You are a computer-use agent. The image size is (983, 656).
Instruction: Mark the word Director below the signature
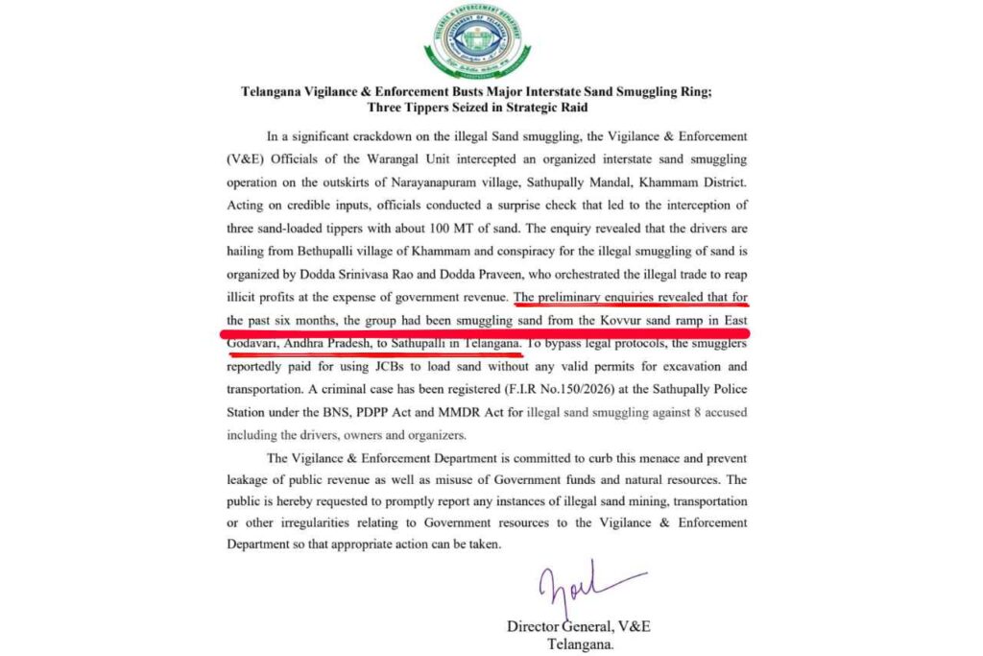pyautogui.click(x=538, y=626)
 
